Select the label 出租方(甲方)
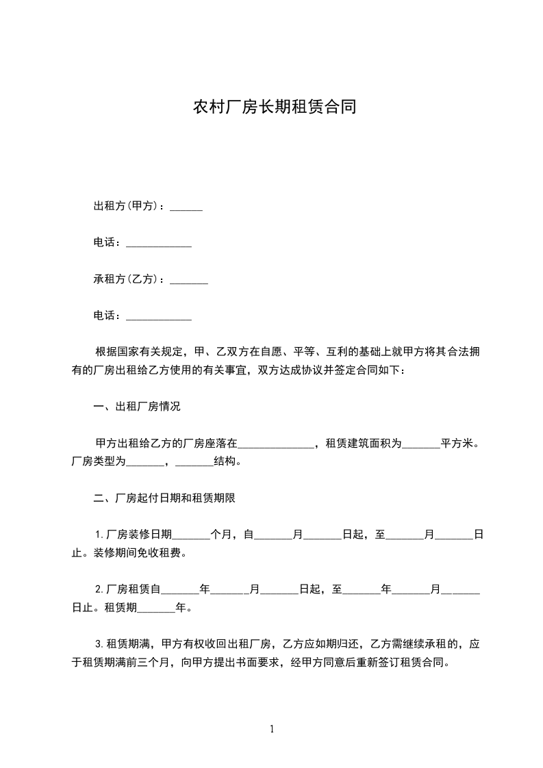(x=126, y=206)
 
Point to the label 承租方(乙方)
(x=126, y=279)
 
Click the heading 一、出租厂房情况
(x=137, y=407)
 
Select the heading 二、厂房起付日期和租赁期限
(x=164, y=498)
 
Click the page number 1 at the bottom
(x=272, y=730)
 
